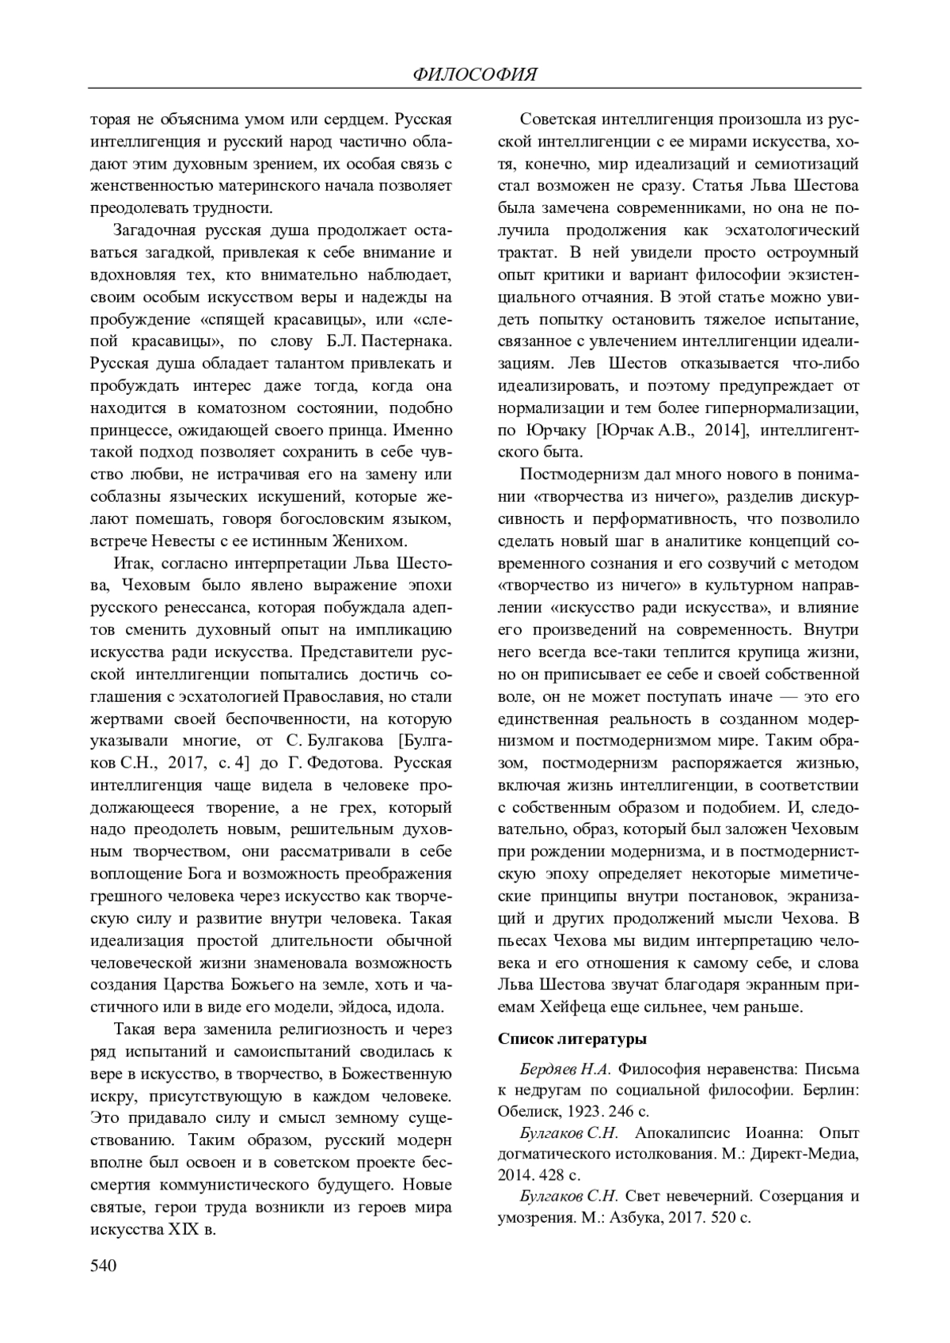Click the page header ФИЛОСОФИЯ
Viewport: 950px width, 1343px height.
[x=475, y=74]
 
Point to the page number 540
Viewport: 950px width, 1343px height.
[x=104, y=1265]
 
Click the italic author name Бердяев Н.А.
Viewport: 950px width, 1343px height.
[x=564, y=1068]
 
